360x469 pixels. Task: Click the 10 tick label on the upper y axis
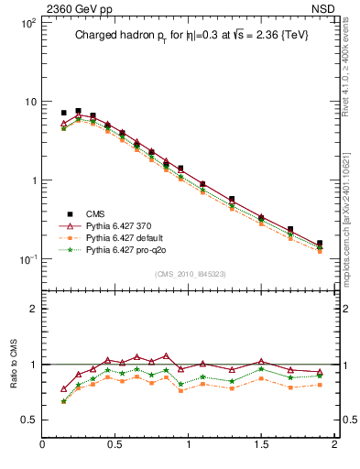(x=29, y=101)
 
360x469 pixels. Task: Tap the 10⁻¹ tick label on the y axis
(x=27, y=259)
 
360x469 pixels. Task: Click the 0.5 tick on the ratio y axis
(x=29, y=420)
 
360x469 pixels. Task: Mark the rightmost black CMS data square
(x=320, y=244)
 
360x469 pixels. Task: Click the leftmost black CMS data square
(x=64, y=113)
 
